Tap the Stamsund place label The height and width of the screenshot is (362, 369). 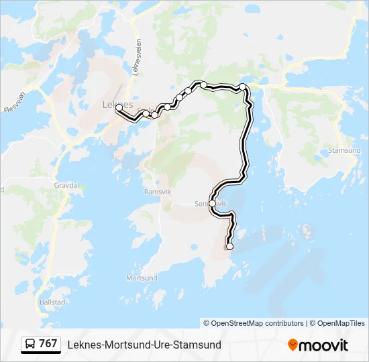click(344, 151)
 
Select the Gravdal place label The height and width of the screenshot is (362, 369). click(66, 184)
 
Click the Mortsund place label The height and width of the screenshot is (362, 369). click(142, 278)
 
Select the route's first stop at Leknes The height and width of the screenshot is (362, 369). click(119, 107)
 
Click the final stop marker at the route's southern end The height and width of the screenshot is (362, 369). click(230, 247)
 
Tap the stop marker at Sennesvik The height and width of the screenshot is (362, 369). click(213, 203)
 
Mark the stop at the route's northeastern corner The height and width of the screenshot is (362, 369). click(244, 86)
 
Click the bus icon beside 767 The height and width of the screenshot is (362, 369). click(30, 344)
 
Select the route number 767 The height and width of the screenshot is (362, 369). click(48, 344)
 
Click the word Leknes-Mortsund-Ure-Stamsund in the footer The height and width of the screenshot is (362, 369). click(144, 345)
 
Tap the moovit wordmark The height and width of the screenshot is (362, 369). click(323, 345)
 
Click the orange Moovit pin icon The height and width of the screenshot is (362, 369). click(293, 345)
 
